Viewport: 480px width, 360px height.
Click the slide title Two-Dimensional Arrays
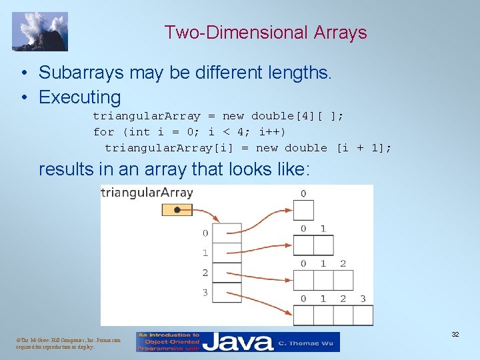click(265, 32)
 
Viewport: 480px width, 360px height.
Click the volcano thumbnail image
click(39, 31)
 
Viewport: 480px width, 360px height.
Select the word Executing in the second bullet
click(80, 97)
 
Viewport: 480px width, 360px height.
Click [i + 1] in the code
click(365, 148)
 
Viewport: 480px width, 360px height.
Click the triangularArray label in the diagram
click(147, 193)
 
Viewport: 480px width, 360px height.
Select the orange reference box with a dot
click(177, 209)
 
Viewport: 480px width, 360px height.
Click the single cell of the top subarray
click(303, 211)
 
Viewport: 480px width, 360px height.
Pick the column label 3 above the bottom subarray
click(363, 299)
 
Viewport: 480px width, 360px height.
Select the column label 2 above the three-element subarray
click(343, 263)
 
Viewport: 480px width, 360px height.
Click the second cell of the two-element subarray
click(323, 245)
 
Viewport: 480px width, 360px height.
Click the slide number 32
click(455, 334)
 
